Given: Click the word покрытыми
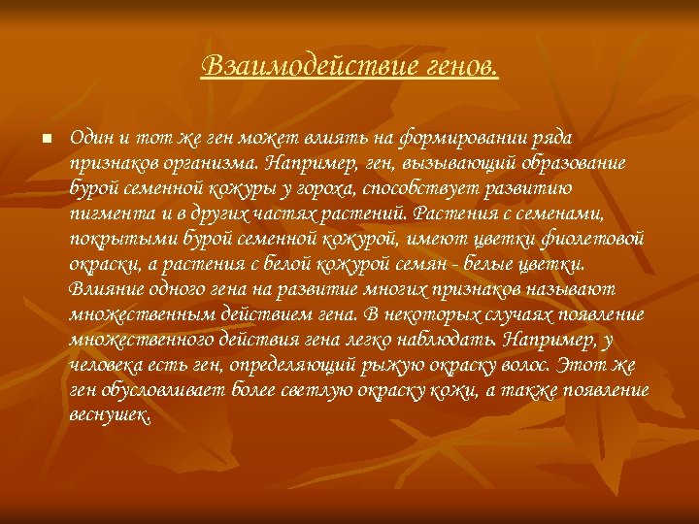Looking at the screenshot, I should click(x=112, y=239).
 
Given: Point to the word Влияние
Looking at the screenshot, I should click(x=102, y=289).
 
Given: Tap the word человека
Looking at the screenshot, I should click(x=106, y=365).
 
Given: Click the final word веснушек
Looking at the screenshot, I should click(x=110, y=415).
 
